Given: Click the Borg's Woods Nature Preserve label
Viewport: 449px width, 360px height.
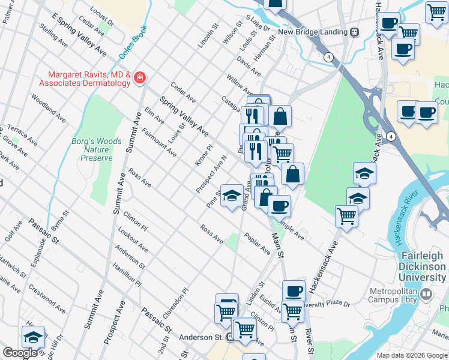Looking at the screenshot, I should coord(97,149).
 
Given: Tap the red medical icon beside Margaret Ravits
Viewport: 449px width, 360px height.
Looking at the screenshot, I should coord(140,78).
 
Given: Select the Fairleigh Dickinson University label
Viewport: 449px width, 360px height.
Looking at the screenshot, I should coord(423,266).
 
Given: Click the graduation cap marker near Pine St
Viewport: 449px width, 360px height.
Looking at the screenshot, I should coord(232,196).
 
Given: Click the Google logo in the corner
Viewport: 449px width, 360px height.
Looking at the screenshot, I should coord(20,353).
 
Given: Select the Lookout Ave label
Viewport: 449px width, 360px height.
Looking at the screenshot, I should coord(133,239).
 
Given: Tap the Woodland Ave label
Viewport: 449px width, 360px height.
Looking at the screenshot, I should coord(44,108).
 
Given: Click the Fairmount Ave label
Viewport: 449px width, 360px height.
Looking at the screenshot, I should coord(159,143).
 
